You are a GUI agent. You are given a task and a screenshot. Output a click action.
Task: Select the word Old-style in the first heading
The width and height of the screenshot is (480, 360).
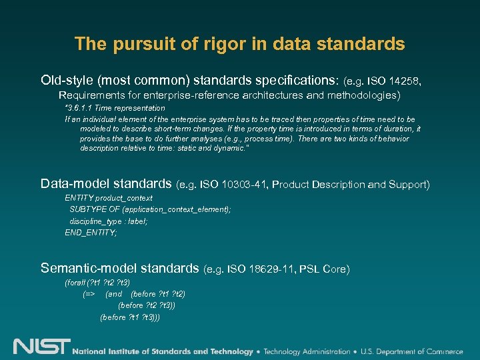click(67, 81)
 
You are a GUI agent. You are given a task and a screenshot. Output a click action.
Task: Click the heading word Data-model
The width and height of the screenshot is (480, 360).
click(74, 183)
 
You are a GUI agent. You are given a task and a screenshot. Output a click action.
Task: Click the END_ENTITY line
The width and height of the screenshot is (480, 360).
click(91, 233)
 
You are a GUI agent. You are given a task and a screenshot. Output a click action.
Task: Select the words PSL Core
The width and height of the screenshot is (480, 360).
click(324, 269)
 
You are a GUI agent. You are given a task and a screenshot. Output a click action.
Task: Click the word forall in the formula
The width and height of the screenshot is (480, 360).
click(74, 283)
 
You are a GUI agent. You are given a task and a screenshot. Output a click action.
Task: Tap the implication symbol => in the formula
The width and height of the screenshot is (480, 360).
click(89, 294)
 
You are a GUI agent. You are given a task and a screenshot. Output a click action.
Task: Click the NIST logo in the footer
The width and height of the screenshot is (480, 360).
click(41, 347)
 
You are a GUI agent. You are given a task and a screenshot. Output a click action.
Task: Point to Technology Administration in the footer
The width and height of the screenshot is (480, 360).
click(307, 351)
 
